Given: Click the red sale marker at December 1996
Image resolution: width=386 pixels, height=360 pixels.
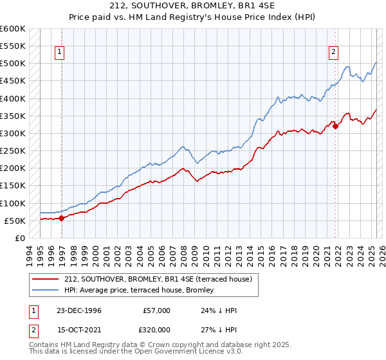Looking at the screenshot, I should (x=62, y=218).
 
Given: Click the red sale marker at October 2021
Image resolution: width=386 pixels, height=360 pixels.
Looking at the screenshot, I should (x=335, y=126).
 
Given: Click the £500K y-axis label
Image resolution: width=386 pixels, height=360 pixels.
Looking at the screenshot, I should (x=13, y=64).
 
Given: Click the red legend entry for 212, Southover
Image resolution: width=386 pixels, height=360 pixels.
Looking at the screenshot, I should (x=161, y=278).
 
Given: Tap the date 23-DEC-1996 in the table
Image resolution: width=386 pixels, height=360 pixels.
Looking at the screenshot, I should (x=79, y=310).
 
